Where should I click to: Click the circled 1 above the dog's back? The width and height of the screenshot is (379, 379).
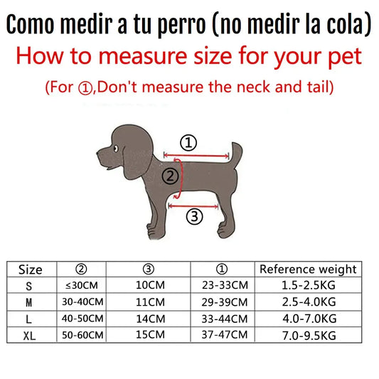point(188,143)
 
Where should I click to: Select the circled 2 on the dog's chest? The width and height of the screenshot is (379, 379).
point(169,175)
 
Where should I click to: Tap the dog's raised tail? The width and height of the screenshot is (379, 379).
point(232,152)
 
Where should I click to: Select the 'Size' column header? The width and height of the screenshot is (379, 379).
point(31,269)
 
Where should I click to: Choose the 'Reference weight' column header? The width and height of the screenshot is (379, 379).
point(308,269)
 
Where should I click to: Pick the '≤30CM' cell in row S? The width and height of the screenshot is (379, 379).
point(82,285)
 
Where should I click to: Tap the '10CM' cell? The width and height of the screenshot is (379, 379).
point(149,285)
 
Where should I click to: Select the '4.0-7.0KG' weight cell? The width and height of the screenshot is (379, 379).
point(308,318)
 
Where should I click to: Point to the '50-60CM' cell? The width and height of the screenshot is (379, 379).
point(82,334)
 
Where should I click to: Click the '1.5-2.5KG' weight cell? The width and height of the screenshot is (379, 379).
point(308,285)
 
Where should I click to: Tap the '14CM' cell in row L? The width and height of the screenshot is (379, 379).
point(149,318)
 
